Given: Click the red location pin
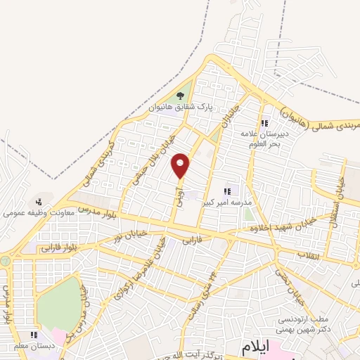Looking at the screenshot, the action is coord(181,165).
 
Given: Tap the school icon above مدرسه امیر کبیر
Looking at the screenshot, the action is coord(227,191).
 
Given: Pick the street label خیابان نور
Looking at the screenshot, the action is coord(131,234).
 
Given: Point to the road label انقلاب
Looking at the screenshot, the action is coord(308,255).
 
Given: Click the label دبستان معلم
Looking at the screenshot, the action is coord(34,345).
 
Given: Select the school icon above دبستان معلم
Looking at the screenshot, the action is coord(34,335).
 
